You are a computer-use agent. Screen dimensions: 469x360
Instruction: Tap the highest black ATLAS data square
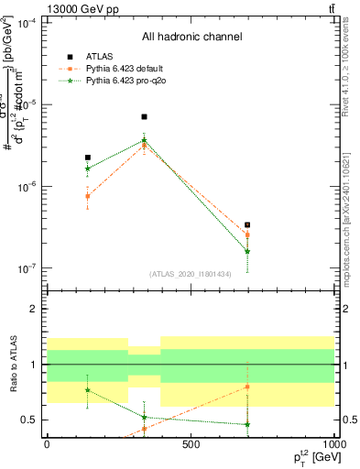click(144, 117)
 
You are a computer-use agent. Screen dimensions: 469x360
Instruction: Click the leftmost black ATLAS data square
click(88, 158)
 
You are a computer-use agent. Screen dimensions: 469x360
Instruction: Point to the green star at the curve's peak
click(144, 140)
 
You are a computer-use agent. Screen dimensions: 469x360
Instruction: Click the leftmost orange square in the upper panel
click(88, 196)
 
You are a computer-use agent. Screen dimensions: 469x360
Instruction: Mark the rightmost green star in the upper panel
click(247, 251)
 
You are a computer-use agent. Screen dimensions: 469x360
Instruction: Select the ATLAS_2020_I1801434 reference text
click(190, 274)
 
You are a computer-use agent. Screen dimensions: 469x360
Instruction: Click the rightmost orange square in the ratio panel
click(247, 387)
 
